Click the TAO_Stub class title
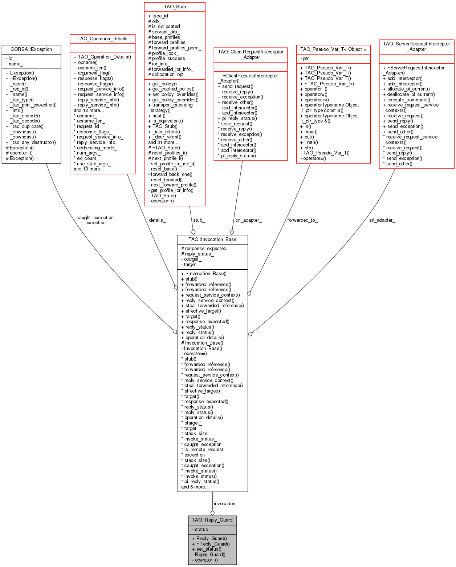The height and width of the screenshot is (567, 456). coord(175,7)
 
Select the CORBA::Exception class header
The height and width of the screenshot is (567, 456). coord(31,49)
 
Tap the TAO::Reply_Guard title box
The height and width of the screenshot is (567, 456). coord(212,520)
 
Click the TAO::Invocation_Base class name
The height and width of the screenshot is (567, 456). coord(212,239)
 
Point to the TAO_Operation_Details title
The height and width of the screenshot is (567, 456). coord(102,39)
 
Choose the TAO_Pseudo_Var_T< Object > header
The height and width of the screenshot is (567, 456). coord(333,49)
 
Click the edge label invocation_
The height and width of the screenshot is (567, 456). coord(226,503)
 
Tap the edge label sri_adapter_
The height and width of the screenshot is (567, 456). coord(382,220)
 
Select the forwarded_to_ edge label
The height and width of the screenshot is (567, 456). coord(302,220)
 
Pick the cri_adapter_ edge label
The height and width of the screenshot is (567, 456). coord(248,220)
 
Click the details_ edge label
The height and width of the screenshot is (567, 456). coord(157,220)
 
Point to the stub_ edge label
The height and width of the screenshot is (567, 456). coord(199,220)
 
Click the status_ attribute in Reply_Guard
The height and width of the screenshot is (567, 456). coord(201,529)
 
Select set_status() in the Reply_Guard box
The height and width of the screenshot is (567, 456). coord(207,549)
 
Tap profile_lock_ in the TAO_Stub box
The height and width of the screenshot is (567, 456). coord(163,53)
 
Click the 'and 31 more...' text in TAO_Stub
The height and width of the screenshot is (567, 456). coord(163,142)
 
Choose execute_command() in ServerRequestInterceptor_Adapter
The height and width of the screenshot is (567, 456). coord(406,100)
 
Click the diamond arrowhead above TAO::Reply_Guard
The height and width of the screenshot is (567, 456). coord(212,512)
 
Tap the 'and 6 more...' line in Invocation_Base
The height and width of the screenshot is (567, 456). coord(195,487)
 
